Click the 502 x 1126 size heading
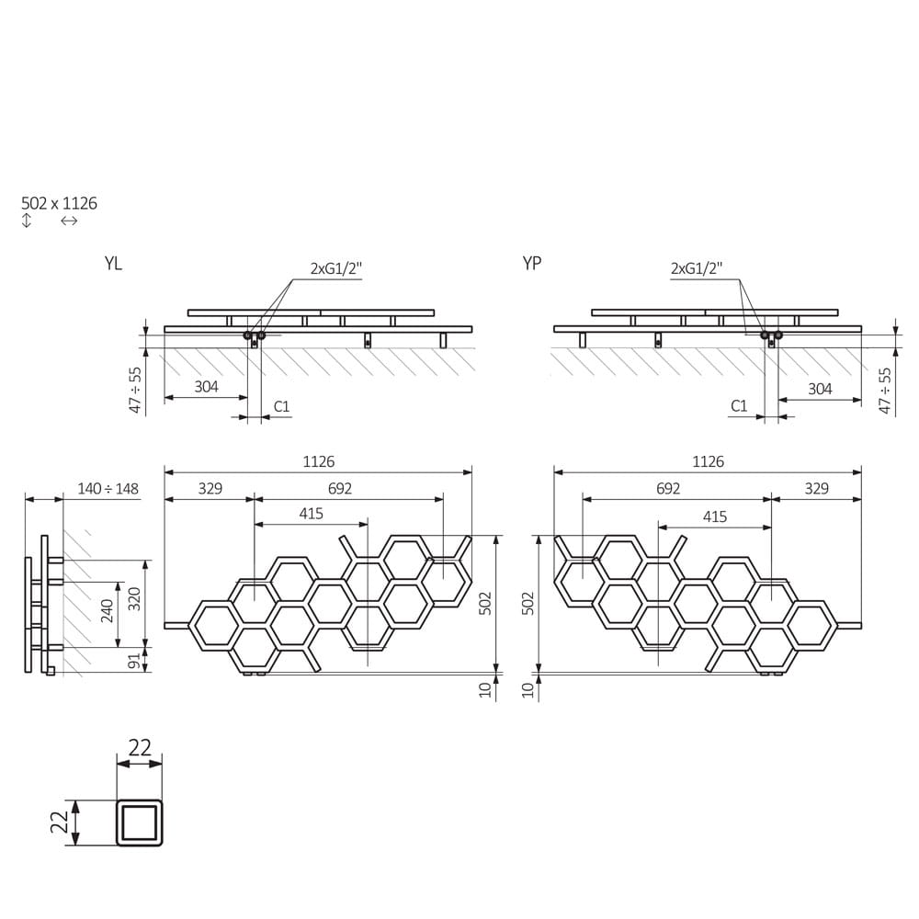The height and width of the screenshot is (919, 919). click(x=59, y=203)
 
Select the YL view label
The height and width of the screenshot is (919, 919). click(x=113, y=264)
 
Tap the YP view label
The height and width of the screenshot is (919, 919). click(x=531, y=264)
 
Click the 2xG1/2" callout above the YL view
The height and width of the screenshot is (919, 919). click(x=336, y=268)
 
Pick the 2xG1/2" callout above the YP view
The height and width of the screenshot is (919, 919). click(x=697, y=268)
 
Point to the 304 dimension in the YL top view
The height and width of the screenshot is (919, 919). click(x=206, y=387)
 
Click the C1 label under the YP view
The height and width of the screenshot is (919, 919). click(x=739, y=405)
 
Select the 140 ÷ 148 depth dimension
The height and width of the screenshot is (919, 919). click(x=108, y=489)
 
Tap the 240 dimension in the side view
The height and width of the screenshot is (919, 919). click(x=108, y=611)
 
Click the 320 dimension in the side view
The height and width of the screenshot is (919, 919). click(x=135, y=599)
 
